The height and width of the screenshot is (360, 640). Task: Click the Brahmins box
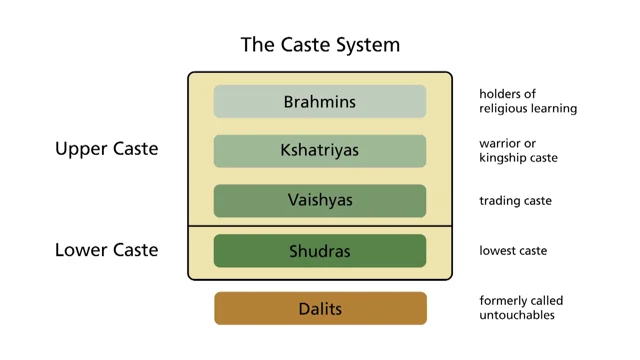(x=320, y=102)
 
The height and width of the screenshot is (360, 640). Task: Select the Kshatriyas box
(x=320, y=151)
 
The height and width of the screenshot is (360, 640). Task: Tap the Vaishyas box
(x=320, y=201)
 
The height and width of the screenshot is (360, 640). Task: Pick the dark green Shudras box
(x=320, y=251)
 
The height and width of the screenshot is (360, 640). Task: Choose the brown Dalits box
(x=320, y=309)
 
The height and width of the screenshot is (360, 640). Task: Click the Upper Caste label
(x=107, y=149)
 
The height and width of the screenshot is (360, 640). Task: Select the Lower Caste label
(x=107, y=250)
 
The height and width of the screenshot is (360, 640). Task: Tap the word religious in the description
(x=502, y=109)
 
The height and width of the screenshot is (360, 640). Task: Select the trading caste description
(x=516, y=201)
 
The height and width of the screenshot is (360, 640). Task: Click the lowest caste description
(x=513, y=251)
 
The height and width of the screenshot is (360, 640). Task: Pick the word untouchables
(x=517, y=315)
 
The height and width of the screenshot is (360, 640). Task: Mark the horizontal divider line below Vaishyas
(x=320, y=226)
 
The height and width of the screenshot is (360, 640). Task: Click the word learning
(x=552, y=109)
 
